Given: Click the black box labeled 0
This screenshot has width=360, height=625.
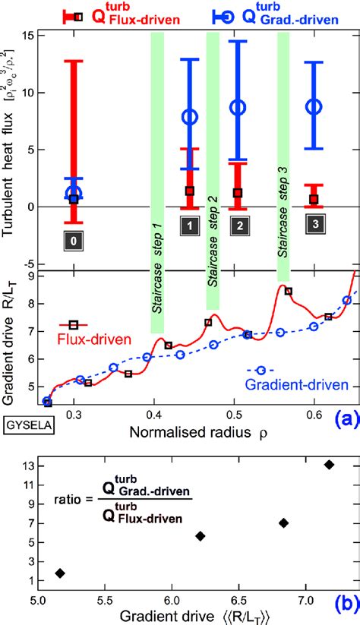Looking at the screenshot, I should pyautogui.click(x=73, y=241).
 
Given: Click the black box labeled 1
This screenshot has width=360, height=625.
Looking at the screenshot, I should pyautogui.click(x=189, y=225).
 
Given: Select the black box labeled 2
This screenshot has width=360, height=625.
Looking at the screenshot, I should pyautogui.click(x=238, y=226).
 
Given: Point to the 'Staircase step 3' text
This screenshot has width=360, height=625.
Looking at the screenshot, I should pyautogui.click(x=283, y=226).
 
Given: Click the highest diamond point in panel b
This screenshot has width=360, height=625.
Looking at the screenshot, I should pyautogui.click(x=329, y=464).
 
